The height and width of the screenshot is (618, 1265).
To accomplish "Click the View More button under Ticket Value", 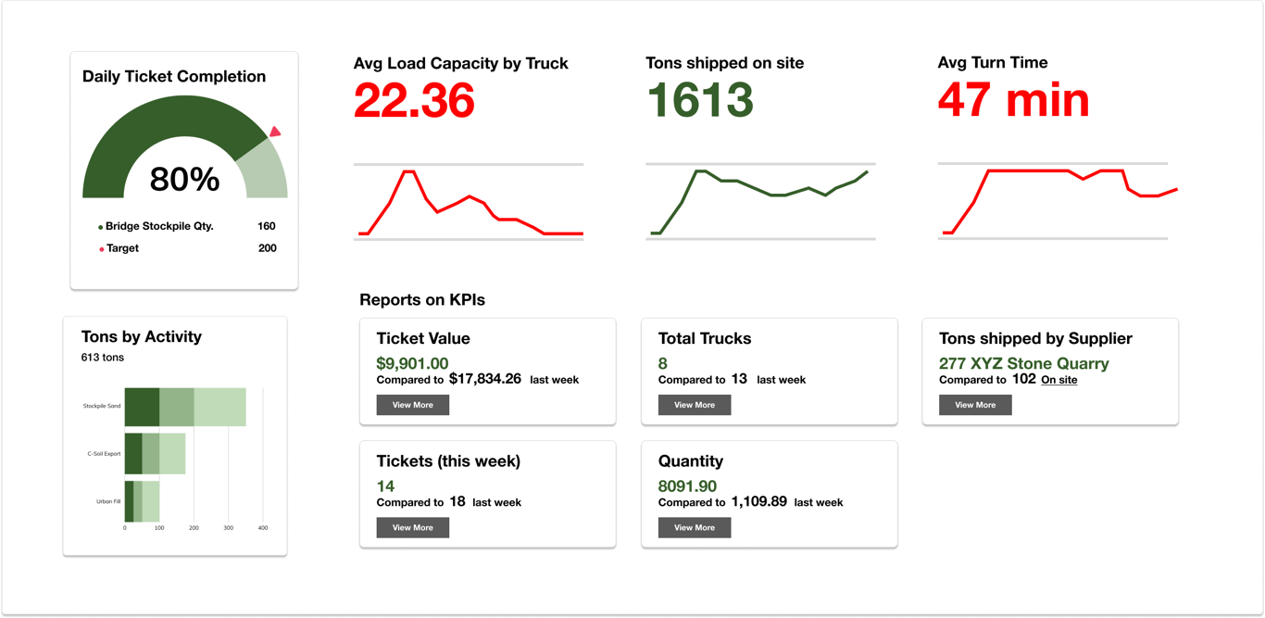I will pos(412,405).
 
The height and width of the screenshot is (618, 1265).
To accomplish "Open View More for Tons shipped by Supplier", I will pos(975,405).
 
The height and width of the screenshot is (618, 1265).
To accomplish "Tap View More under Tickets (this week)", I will pos(412,527).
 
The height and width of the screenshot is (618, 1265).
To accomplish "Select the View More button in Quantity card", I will pos(694,527).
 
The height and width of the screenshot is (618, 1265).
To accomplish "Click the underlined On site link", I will pos(1058,380).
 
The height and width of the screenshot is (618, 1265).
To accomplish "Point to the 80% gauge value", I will pos(184,180).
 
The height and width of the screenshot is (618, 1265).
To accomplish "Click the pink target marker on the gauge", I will pos(275,132).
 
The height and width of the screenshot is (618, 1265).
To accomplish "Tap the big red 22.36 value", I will pos(414,100).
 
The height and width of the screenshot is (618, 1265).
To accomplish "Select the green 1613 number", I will pos(699,100).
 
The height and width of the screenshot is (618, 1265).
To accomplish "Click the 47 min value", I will pos(1013,99).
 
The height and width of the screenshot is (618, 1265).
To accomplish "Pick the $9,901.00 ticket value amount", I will pos(412,363).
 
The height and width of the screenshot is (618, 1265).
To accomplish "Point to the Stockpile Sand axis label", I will pos(102,406).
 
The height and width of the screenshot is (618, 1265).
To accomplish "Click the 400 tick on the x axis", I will pos(262,528).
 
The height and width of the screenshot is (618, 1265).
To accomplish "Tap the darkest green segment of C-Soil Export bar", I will pos(133,454).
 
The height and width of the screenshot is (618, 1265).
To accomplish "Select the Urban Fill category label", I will pos(108,501).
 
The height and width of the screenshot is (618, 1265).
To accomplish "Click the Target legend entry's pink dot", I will pos(101,249).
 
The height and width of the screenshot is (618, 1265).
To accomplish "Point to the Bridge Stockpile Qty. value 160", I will pos(267,226).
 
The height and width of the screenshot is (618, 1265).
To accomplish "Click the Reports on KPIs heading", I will pos(422,300).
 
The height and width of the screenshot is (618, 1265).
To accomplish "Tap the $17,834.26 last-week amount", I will pos(485,379).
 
